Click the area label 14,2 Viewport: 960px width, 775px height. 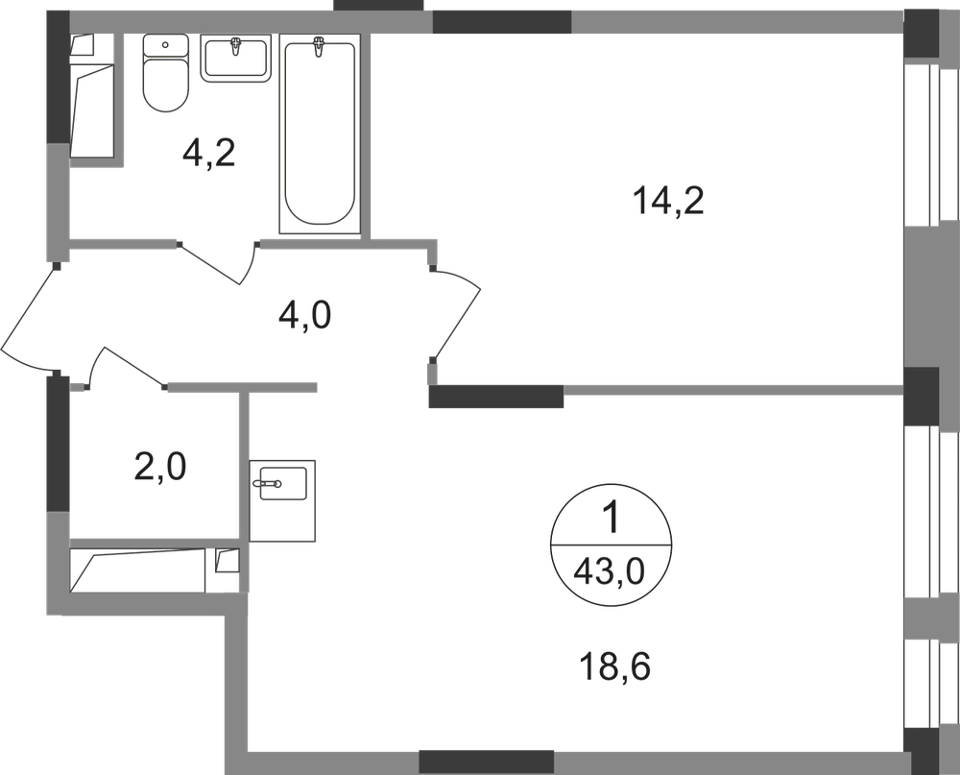point(669,202)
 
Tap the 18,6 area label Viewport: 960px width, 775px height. point(614,666)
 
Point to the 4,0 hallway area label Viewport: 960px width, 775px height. point(304,316)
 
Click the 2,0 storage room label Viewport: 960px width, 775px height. point(159,469)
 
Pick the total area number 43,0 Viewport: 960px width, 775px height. point(611,574)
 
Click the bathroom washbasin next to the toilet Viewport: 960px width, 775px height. point(235,59)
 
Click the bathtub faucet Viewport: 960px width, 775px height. point(318,47)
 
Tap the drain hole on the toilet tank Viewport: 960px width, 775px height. point(166,45)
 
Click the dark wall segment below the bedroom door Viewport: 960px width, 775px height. point(496,397)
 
